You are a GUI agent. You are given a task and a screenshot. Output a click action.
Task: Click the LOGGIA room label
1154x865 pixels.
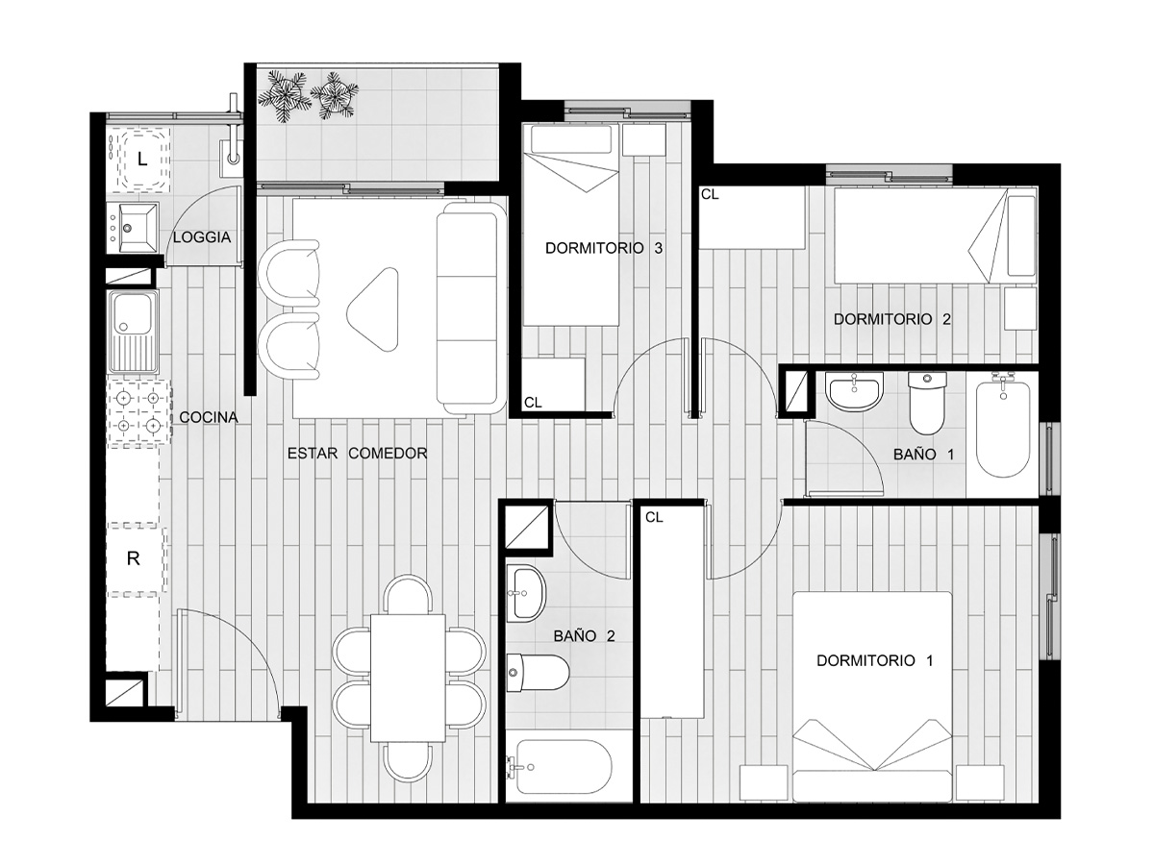pyautogui.click(x=202, y=237)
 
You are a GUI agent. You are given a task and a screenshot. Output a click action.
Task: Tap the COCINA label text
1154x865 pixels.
pyautogui.click(x=209, y=417)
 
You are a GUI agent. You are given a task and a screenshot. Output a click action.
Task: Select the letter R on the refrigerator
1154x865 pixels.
pyautogui.click(x=133, y=558)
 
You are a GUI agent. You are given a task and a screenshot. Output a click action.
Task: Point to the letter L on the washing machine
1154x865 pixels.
pyautogui.click(x=142, y=160)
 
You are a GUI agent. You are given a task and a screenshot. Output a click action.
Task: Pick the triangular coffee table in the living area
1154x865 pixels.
pyautogui.click(x=373, y=309)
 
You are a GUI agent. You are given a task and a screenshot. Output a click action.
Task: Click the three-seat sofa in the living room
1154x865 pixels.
pyautogui.click(x=470, y=309)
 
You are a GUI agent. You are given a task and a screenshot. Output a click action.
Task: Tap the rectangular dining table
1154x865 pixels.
pyautogui.click(x=408, y=678)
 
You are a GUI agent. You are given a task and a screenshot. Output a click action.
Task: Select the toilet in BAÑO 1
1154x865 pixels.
pyautogui.click(x=927, y=403)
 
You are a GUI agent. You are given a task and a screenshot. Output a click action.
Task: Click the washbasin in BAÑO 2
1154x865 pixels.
pyautogui.click(x=527, y=593)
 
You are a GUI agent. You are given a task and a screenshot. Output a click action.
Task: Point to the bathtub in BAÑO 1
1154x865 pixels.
pyautogui.click(x=1003, y=430)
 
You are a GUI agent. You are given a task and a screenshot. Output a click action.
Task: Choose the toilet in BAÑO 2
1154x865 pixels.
pyautogui.click(x=538, y=673)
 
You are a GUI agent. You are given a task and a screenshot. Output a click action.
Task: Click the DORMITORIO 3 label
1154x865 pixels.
pyautogui.click(x=604, y=248)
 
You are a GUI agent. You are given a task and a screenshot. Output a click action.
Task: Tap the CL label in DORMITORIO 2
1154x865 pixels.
pyautogui.click(x=710, y=194)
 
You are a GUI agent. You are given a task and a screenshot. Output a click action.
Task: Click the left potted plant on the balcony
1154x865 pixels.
pyautogui.click(x=286, y=95)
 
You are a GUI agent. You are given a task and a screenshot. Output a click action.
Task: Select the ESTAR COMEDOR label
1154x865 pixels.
pyautogui.click(x=357, y=454)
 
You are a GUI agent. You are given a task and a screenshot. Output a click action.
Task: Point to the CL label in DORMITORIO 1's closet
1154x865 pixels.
pyautogui.click(x=654, y=517)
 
